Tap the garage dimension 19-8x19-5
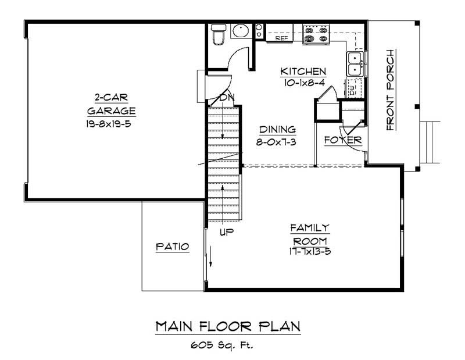pos(111,123)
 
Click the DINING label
pos(277,130)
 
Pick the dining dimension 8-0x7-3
pos(277,141)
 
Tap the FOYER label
pos(343,140)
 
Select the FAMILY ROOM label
pos(310,234)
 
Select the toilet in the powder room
pos(219,34)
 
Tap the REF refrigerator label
pos(282,38)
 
